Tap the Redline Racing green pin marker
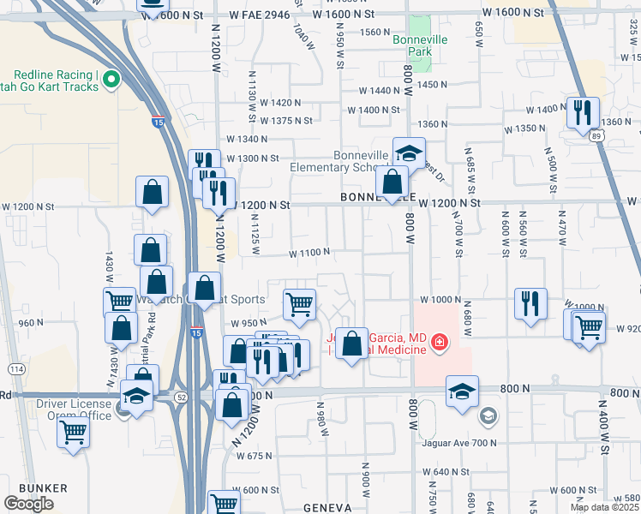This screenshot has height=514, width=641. pos(111,81)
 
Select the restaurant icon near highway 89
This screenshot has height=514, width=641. pos(583,112)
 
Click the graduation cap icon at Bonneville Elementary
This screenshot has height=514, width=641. pos(409,154)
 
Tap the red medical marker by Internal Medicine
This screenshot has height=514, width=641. pos(440,343)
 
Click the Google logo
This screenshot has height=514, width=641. pos(28,504)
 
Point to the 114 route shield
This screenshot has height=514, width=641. pos(16,369)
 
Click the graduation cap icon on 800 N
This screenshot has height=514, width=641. pos(462,393)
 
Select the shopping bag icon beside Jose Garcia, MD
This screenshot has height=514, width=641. pos(351,344)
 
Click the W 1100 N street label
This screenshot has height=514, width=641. pos(309,253)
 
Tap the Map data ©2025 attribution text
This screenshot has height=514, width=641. pos(604,507)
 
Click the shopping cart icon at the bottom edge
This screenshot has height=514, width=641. pos(223,504)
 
